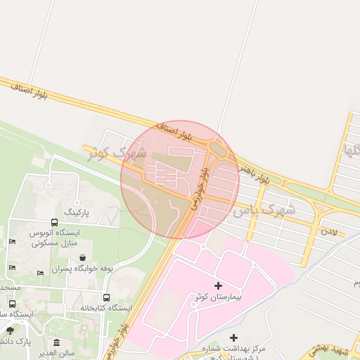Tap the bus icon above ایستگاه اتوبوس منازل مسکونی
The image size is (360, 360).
click(54, 221)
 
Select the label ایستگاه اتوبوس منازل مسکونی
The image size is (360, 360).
click(56, 237)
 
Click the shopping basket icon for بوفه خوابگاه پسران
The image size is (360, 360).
click(84, 257)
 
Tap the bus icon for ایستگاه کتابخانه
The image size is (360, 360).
click(106, 297)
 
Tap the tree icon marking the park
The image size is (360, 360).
click(10, 330)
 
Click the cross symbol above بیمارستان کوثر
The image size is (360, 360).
click(218, 285)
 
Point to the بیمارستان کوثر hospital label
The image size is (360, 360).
click(218, 297)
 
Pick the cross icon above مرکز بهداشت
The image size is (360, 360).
click(234, 338)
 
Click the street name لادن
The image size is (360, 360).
click(329, 231)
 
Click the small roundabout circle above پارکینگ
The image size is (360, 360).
click(49, 186)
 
